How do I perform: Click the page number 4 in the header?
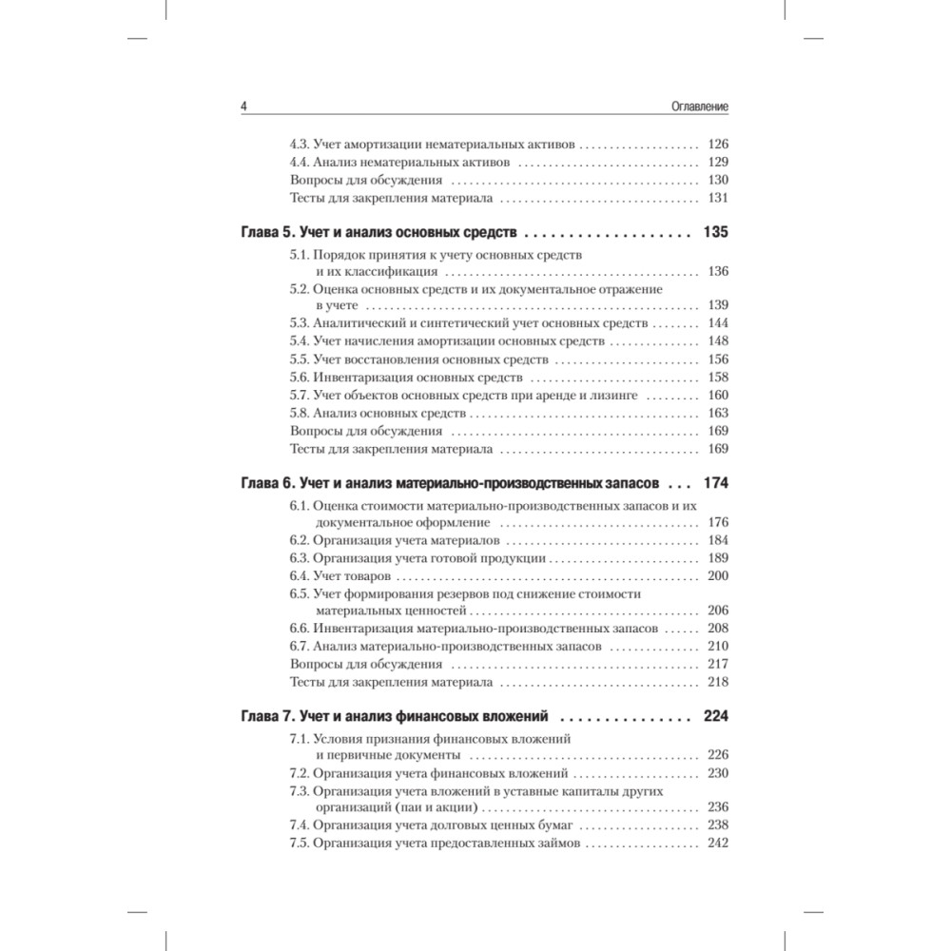pyautogui.click(x=244, y=108)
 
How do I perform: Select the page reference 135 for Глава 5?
pyautogui.click(x=714, y=232)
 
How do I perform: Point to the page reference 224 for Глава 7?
pyautogui.click(x=714, y=716)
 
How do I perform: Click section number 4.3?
pyautogui.click(x=299, y=146)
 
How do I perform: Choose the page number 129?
pyautogui.click(x=718, y=163)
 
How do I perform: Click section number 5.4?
pyautogui.click(x=299, y=341)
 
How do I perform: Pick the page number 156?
pyautogui.click(x=718, y=359)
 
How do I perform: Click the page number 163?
pyautogui.click(x=718, y=413)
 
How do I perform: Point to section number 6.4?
pyautogui.click(x=299, y=576)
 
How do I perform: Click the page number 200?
pyautogui.click(x=718, y=576)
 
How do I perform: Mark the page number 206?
pyautogui.click(x=718, y=611)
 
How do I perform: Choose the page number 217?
pyautogui.click(x=718, y=664)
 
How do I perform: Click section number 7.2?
pyautogui.click(x=299, y=773)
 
